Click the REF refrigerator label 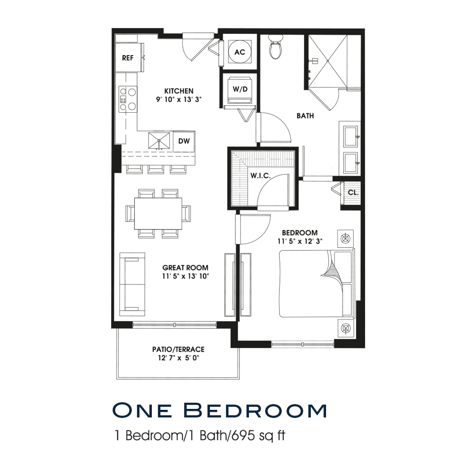pos(128,58)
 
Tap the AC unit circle pos(240,52)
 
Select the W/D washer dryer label pos(240,89)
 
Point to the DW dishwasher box pos(184,141)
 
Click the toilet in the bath pos(276,47)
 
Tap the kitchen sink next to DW pos(159,141)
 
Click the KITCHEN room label pos(179,91)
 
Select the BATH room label pos(305,116)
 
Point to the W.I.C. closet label pos(260,176)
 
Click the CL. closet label pos(353,192)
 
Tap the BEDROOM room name pos(299,233)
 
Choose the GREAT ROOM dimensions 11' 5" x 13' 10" pos(186,276)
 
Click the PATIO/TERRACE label pos(178,349)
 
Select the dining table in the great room pos(158,214)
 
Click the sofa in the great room pos(132,285)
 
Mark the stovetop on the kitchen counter pos(128,99)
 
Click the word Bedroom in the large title pos(255,410)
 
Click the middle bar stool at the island pos(156,169)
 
